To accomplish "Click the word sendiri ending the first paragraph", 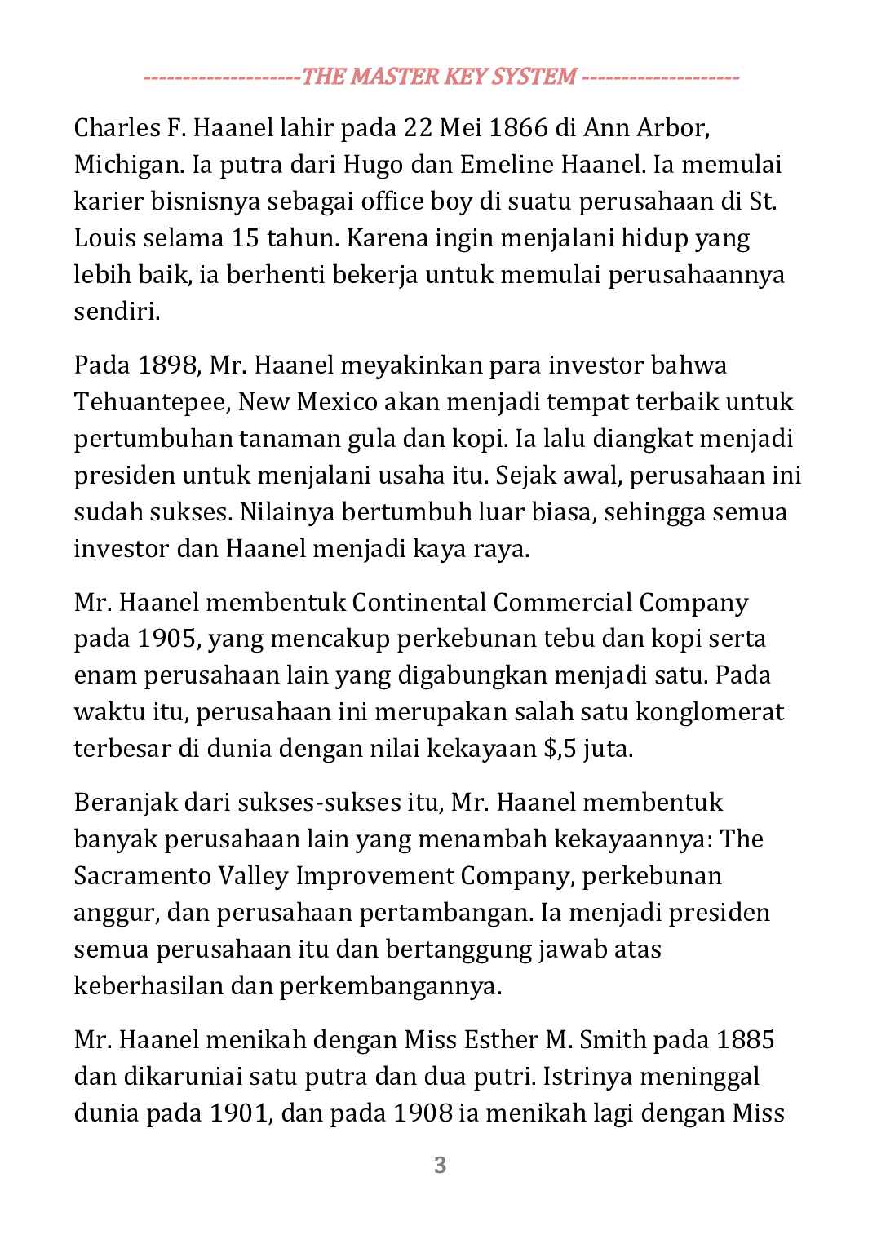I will (117, 312).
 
